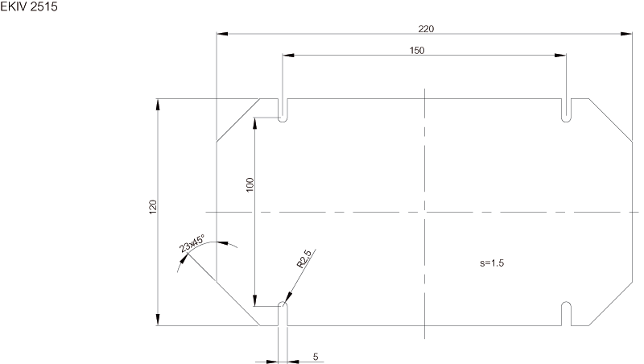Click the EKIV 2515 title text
(29, 7)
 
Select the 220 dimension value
(426, 29)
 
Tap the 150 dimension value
(417, 51)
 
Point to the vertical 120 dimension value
(153, 207)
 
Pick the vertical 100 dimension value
(250, 185)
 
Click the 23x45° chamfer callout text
(192, 244)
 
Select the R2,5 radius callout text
(305, 259)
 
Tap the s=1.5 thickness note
(492, 263)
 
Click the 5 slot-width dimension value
(316, 357)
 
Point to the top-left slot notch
(283, 110)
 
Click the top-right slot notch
(567, 110)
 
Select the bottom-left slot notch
(283, 314)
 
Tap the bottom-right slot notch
(567, 314)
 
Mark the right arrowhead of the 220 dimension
(627, 34)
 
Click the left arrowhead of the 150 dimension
(288, 56)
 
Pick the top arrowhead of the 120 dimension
(158, 105)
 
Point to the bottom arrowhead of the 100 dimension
(255, 300)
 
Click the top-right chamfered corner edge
(611, 120)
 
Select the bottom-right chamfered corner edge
(611, 304)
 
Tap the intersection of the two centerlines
(425, 213)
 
